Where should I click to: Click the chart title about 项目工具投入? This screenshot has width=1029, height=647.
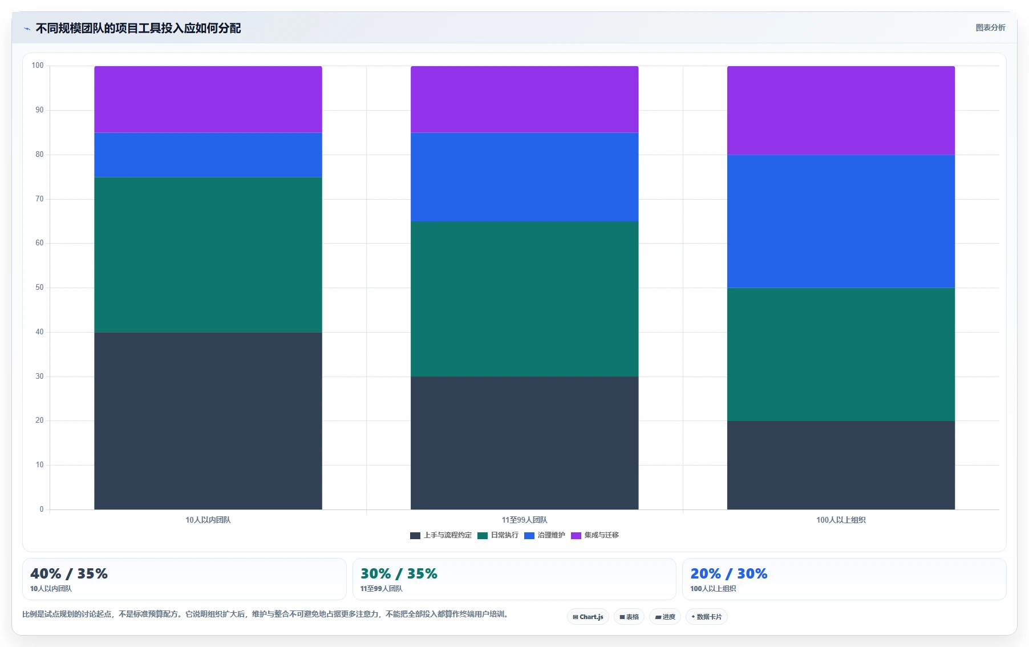tap(138, 28)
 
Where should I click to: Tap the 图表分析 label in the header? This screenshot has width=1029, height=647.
tap(990, 27)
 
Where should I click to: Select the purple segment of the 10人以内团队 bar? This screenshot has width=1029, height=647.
tap(208, 99)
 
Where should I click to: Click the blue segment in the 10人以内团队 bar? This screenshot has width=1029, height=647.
tap(208, 155)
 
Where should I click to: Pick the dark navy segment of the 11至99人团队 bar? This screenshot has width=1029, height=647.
tap(524, 443)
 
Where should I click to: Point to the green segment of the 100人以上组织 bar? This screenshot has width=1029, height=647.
tap(841, 354)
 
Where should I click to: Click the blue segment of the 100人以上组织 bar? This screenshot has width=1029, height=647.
tap(841, 221)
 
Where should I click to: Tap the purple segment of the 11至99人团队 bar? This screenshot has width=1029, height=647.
tap(524, 99)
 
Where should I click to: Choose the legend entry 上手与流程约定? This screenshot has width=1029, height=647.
tap(441, 535)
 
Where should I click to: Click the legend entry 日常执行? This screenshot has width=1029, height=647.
tap(498, 535)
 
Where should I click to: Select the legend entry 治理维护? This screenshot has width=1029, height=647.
tap(545, 535)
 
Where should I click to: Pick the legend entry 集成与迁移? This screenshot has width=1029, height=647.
tap(595, 535)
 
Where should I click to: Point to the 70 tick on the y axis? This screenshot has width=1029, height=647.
tap(39, 199)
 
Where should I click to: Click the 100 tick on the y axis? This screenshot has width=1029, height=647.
tap(38, 66)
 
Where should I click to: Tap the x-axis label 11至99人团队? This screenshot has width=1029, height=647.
tap(524, 520)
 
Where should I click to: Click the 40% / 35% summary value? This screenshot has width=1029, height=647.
tap(69, 573)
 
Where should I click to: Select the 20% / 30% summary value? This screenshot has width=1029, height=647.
tap(729, 573)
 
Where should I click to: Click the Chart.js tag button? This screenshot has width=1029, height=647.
tap(588, 617)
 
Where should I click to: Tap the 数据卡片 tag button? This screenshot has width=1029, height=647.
tap(707, 617)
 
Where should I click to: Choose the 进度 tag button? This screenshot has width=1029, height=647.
tap(665, 617)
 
